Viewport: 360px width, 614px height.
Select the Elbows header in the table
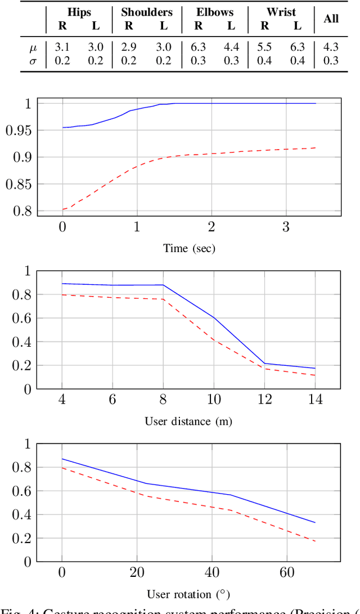215,12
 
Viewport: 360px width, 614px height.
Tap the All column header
331,19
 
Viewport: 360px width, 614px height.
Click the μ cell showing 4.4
232,47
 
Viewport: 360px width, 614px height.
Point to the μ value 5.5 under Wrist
264,47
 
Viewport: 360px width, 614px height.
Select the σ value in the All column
331,60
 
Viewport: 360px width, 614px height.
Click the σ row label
33,60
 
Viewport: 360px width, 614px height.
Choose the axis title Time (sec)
189,248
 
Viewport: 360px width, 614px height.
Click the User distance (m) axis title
188,421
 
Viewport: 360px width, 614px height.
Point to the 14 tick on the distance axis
316,400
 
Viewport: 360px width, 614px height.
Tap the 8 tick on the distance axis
163,400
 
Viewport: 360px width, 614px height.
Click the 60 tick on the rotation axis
287,573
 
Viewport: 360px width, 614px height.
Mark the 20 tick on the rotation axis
137,573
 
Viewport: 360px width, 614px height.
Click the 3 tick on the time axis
286,227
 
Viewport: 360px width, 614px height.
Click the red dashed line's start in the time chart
62,209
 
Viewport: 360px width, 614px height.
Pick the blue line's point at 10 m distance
214,318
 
